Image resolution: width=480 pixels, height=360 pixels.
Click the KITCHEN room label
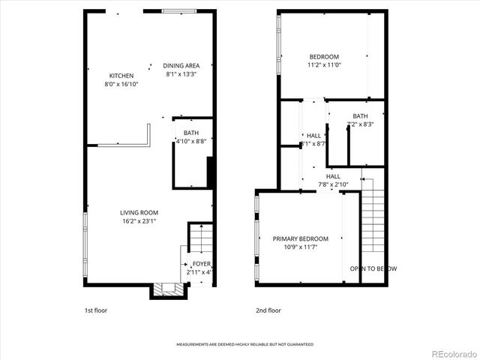121,76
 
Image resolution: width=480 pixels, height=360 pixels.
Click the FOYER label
202,264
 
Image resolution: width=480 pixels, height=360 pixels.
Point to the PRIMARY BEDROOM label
300,238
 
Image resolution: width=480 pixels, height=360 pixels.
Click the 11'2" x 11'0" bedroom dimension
325,65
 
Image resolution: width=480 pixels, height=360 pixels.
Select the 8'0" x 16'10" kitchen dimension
121,84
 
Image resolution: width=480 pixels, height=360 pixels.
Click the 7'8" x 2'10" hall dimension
333,184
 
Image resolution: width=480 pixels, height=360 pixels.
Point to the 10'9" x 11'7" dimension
300,247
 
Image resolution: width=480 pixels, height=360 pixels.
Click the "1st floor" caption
95,309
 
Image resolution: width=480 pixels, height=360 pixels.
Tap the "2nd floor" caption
268,309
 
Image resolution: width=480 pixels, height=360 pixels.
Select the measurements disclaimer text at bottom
244,344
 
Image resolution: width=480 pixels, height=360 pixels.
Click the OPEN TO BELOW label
373,268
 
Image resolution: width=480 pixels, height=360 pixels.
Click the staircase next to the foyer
199,239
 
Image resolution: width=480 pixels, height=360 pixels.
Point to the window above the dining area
180,11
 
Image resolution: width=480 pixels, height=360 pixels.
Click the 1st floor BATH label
191,133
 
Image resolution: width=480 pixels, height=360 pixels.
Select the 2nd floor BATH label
361,115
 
